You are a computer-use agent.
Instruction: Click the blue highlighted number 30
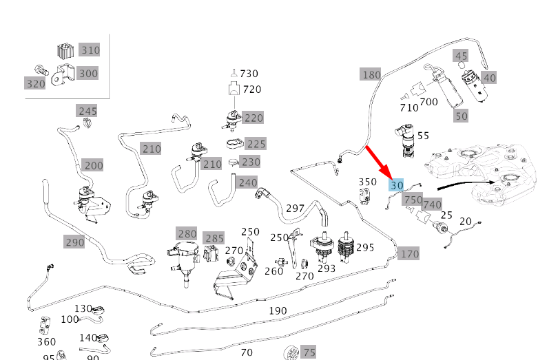tap(396, 185)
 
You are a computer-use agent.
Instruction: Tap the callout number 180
tap(371, 74)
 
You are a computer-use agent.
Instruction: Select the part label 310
tap(90, 50)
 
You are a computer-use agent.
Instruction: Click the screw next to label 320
tap(41, 71)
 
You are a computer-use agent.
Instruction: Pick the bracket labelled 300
tap(63, 74)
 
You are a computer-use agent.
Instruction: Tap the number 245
tap(87, 111)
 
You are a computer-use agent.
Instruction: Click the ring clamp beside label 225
tap(234, 143)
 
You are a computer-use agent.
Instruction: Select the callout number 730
tap(249, 74)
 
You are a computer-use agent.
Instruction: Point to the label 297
tap(295, 209)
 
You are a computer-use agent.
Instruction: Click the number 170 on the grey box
tap(409, 254)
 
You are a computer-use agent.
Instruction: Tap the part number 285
tap(214, 238)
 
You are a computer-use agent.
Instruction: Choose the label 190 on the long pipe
tap(278, 310)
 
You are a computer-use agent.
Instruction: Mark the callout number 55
tap(423, 136)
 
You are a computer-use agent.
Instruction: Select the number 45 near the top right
tap(460, 56)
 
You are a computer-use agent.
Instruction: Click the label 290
tap(74, 242)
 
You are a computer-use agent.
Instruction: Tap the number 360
tap(46, 342)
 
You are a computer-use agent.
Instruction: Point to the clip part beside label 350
tap(364, 196)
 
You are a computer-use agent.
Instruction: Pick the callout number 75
tap(309, 352)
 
